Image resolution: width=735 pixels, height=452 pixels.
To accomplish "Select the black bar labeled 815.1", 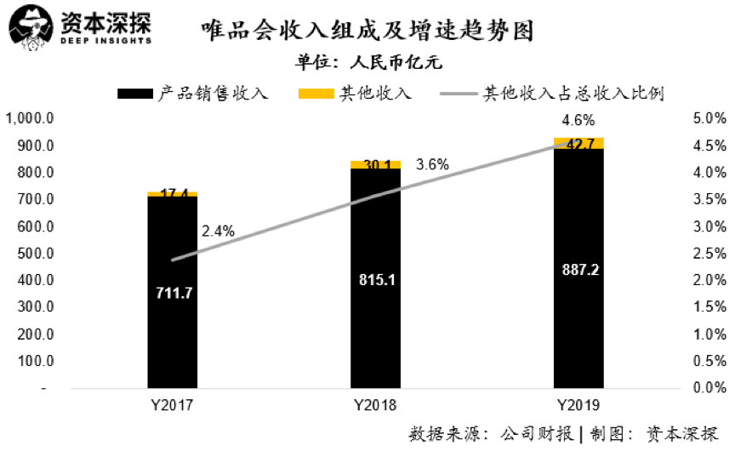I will pos(376,323).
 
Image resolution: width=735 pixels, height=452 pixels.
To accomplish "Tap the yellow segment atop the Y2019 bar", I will pos(579,143).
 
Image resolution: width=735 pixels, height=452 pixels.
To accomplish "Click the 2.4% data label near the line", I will pos(218,231).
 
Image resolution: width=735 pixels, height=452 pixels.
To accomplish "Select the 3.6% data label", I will pos(432,164).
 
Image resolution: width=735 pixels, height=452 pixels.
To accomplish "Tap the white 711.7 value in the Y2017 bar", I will pos(172,294).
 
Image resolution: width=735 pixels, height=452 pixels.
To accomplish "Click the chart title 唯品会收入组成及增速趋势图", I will pos(367,32).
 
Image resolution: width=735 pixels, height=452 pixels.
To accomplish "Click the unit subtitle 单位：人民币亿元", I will pos(369,62).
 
